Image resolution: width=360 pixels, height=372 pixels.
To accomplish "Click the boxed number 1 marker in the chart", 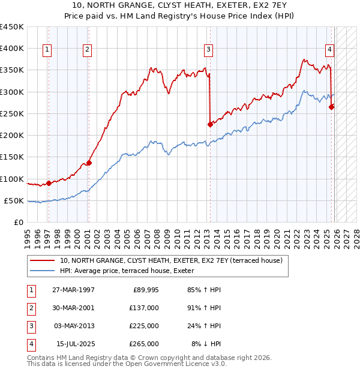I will pyautogui.click(x=47, y=50).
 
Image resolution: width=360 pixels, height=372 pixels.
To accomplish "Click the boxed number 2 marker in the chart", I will pyautogui.click(x=88, y=50).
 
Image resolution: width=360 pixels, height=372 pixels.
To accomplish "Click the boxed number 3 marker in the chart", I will pyautogui.click(x=208, y=50).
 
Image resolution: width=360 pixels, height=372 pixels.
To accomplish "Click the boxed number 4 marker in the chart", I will pyautogui.click(x=330, y=50).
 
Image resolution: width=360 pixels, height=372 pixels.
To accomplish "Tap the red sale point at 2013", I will pyautogui.click(x=210, y=124).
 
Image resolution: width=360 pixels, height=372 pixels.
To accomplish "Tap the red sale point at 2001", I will pyautogui.click(x=89, y=163).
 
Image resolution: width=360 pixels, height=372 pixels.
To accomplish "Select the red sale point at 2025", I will pyautogui.click(x=332, y=107).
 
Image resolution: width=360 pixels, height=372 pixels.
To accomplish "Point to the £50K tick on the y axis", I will pyautogui.click(x=14, y=200).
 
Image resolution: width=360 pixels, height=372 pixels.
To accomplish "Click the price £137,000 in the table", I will pyautogui.click(x=144, y=308).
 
